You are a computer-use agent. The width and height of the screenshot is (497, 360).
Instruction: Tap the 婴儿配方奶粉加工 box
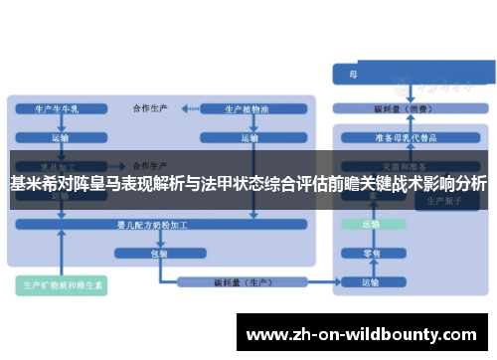click(x=159, y=226)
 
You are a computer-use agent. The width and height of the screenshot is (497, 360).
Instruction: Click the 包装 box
click(x=159, y=254)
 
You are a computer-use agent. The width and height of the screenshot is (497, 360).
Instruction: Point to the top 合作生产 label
click(x=150, y=106)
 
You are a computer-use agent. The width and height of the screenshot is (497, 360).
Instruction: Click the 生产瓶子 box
click(x=436, y=200)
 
